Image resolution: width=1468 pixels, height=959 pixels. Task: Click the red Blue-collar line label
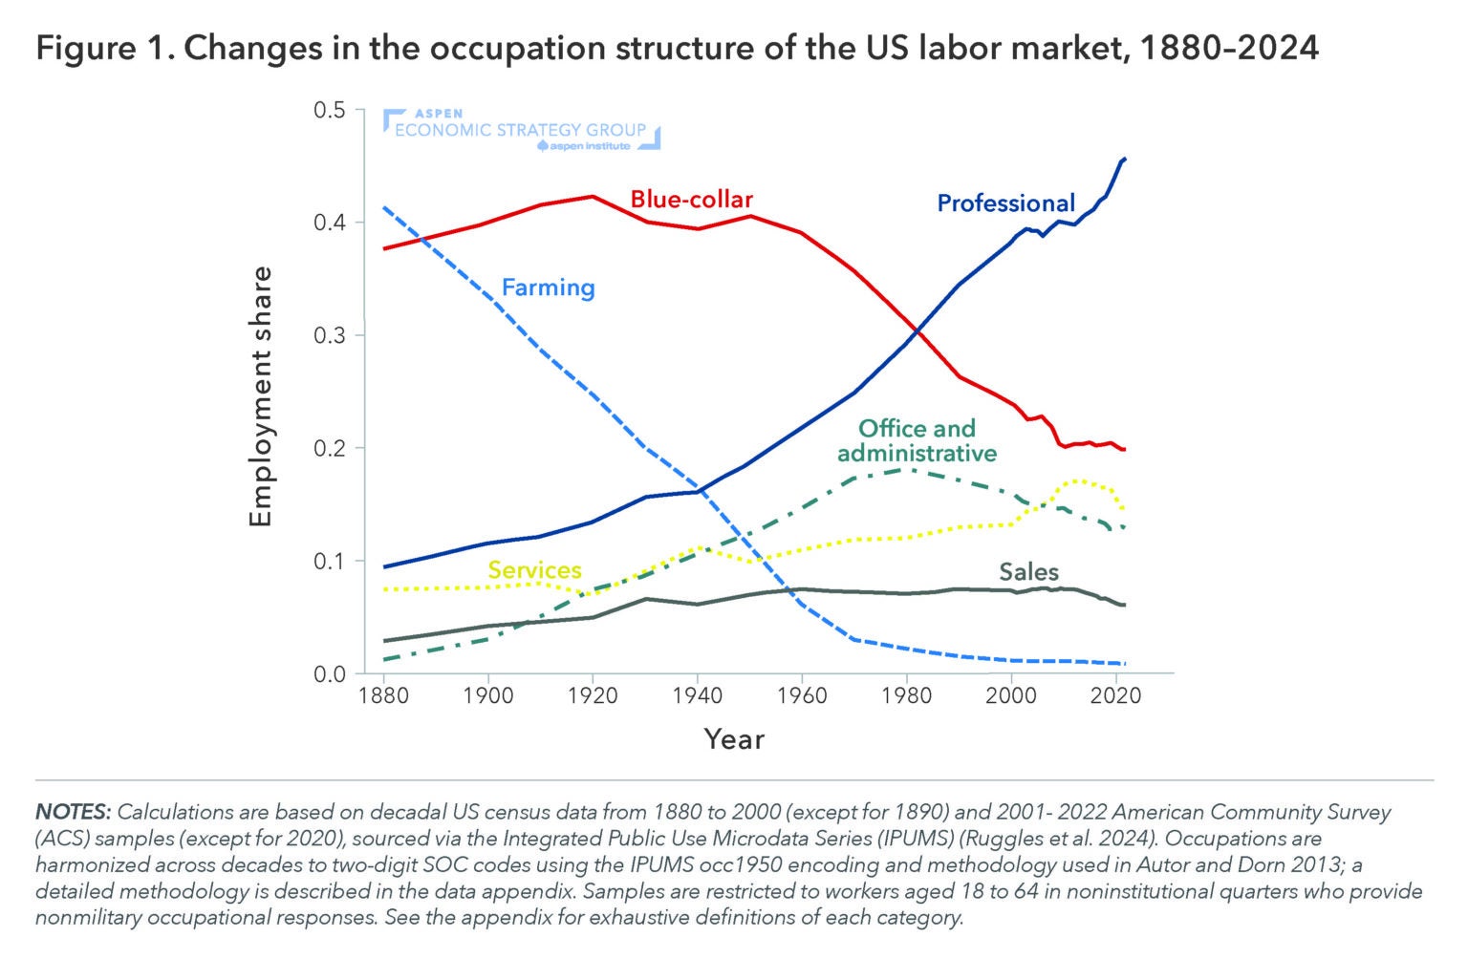691,199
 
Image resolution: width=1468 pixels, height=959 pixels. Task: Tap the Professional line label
1005,202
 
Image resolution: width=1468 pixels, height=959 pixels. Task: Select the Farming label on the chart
548,287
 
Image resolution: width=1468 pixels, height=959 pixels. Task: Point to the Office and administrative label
917,440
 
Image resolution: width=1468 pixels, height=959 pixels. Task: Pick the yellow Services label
534,569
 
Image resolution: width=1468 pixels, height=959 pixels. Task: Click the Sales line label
1028,571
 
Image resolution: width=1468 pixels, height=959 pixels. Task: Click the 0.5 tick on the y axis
329,110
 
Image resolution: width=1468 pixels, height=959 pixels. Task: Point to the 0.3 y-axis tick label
329,335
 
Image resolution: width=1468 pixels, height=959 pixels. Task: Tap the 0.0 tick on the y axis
329,674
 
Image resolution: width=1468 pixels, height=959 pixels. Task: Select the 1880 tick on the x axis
383,695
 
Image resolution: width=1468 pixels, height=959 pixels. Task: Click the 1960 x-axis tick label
802,695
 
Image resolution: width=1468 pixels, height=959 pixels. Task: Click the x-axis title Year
734,738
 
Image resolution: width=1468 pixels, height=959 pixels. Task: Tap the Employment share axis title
261,396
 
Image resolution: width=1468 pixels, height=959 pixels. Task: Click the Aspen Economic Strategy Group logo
521,130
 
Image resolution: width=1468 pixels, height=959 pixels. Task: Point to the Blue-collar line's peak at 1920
593,196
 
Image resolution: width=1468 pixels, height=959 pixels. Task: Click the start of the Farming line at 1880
384,207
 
